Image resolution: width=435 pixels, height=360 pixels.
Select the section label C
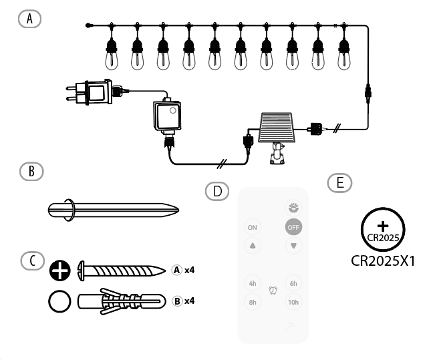click(x=31, y=261)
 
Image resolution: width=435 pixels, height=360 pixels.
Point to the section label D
click(x=216, y=190)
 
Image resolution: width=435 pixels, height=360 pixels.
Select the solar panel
click(x=275, y=126)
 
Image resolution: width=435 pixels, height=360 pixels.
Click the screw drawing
click(x=120, y=271)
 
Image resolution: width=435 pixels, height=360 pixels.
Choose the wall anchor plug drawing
click(x=120, y=301)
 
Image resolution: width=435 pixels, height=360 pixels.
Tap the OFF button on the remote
click(x=293, y=227)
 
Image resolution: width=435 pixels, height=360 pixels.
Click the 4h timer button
click(x=253, y=283)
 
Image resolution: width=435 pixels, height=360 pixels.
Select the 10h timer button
click(x=293, y=301)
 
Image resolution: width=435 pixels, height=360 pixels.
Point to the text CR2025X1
click(x=384, y=260)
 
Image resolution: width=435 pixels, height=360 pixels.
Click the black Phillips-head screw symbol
click(x=59, y=271)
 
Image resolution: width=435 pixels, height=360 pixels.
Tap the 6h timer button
click(x=293, y=283)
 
